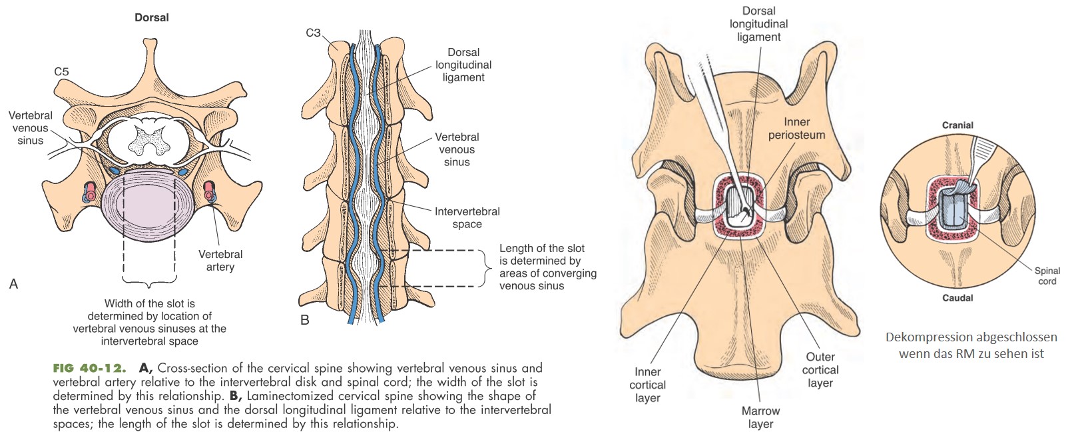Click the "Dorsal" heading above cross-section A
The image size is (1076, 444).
point(152,17)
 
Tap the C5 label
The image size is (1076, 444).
point(61,71)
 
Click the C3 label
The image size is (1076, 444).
point(313,33)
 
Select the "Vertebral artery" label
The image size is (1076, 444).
point(220,261)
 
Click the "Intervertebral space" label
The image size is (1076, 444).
point(467,218)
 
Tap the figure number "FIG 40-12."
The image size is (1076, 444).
point(90,368)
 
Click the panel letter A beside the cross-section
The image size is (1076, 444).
point(13,284)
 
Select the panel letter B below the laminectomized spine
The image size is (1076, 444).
point(305,320)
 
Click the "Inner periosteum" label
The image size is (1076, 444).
point(796,128)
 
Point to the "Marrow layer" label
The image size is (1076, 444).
point(760,417)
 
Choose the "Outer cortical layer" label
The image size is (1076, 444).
point(820,370)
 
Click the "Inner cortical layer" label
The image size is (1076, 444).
point(647,385)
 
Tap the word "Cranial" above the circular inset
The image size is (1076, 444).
point(957,125)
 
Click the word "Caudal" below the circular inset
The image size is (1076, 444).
point(957,298)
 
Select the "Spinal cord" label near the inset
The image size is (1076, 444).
point(1047,276)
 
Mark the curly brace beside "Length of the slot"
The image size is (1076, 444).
point(483,268)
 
